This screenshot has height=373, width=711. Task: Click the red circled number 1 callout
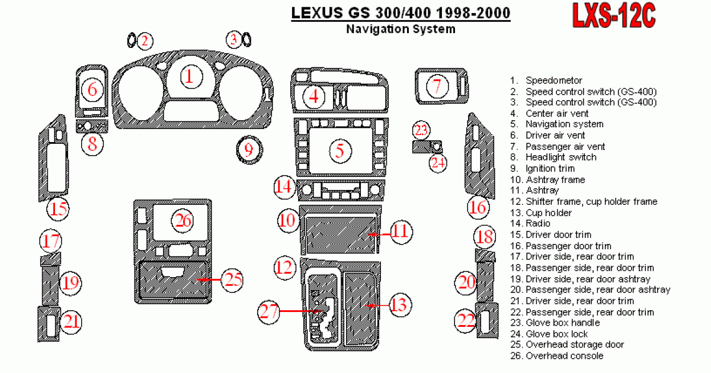(x=190, y=76)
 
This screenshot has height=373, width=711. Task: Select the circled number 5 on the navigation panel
(x=340, y=150)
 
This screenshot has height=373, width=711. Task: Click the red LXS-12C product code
(x=614, y=17)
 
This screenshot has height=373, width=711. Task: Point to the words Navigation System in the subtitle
(x=401, y=29)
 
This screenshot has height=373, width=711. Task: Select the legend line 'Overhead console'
(x=564, y=356)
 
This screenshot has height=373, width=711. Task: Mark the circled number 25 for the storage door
(x=232, y=279)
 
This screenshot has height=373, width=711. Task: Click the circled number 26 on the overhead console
(x=182, y=221)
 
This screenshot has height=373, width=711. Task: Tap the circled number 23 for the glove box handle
(x=421, y=130)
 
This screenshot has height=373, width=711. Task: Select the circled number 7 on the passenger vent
(x=437, y=86)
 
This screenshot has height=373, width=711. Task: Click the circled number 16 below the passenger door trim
(x=478, y=207)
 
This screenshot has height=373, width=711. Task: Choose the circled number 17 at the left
(x=51, y=241)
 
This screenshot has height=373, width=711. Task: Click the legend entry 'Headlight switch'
(x=561, y=157)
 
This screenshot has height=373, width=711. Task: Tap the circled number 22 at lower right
(x=466, y=320)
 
